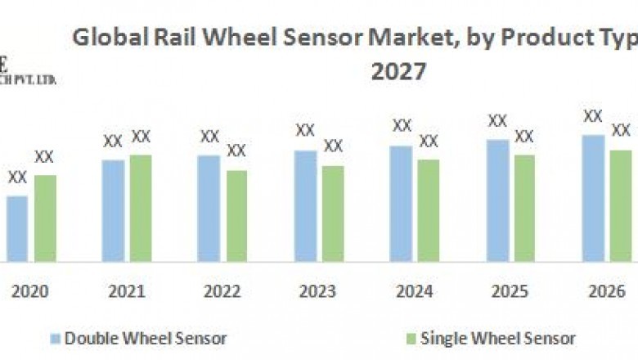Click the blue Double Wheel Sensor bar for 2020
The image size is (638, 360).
16,228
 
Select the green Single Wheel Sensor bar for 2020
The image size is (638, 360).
45,218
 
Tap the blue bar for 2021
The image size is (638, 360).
113,210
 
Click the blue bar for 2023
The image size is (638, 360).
305,205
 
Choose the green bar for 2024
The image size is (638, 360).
428,210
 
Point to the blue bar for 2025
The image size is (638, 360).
497,200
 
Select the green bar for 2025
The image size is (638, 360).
524,208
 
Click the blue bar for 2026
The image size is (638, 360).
593,198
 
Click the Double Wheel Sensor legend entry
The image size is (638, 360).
138,338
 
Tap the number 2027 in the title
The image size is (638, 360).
398,72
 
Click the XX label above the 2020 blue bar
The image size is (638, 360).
17,177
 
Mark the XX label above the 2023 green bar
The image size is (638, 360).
333,146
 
